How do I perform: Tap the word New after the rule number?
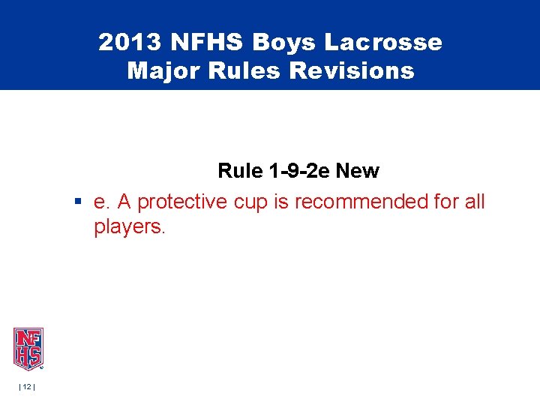point(358,171)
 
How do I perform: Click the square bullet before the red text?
point(77,202)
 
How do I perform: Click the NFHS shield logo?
point(28,349)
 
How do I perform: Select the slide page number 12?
point(28,386)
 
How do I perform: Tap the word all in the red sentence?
point(474,202)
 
